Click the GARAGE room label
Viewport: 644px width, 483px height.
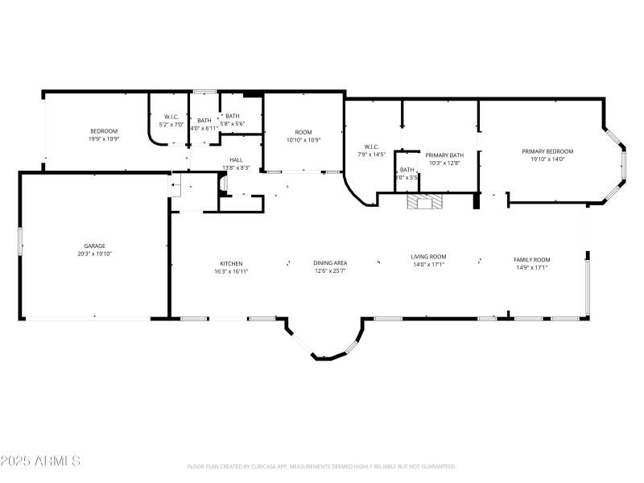click(95, 246)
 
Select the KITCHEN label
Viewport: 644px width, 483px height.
click(231, 263)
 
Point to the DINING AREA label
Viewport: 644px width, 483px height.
click(330, 263)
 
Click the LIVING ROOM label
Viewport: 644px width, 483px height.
click(428, 257)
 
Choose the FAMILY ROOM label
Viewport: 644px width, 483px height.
click(532, 259)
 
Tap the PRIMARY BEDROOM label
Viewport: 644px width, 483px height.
click(547, 151)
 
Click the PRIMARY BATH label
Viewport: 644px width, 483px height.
click(444, 155)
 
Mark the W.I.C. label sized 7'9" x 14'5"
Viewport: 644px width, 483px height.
click(371, 146)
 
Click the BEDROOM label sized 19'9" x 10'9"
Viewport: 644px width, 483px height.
click(104, 131)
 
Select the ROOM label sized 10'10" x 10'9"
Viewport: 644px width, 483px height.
click(303, 132)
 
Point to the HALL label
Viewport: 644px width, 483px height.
click(236, 159)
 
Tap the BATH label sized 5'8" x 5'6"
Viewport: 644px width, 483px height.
click(232, 116)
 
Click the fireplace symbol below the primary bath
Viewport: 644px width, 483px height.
click(423, 202)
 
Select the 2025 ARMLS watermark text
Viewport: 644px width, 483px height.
click(40, 461)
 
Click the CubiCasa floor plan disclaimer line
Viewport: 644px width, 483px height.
click(322, 466)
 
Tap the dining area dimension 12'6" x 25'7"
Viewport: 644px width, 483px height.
click(330, 271)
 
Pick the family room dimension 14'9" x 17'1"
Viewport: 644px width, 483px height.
click(532, 267)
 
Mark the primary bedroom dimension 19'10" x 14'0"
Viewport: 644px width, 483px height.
click(547, 159)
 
